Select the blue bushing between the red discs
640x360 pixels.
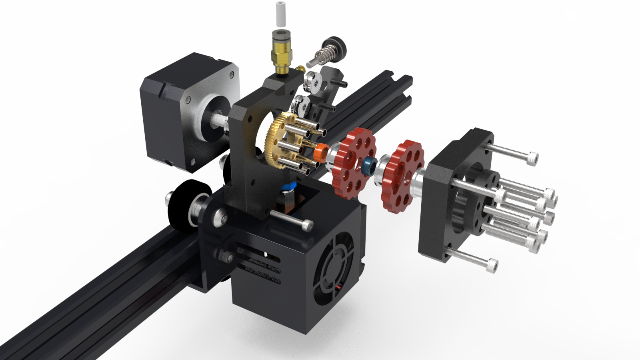tap(369, 166)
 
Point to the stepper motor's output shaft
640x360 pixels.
tap(219, 120)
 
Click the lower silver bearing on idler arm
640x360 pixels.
tap(300, 105)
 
